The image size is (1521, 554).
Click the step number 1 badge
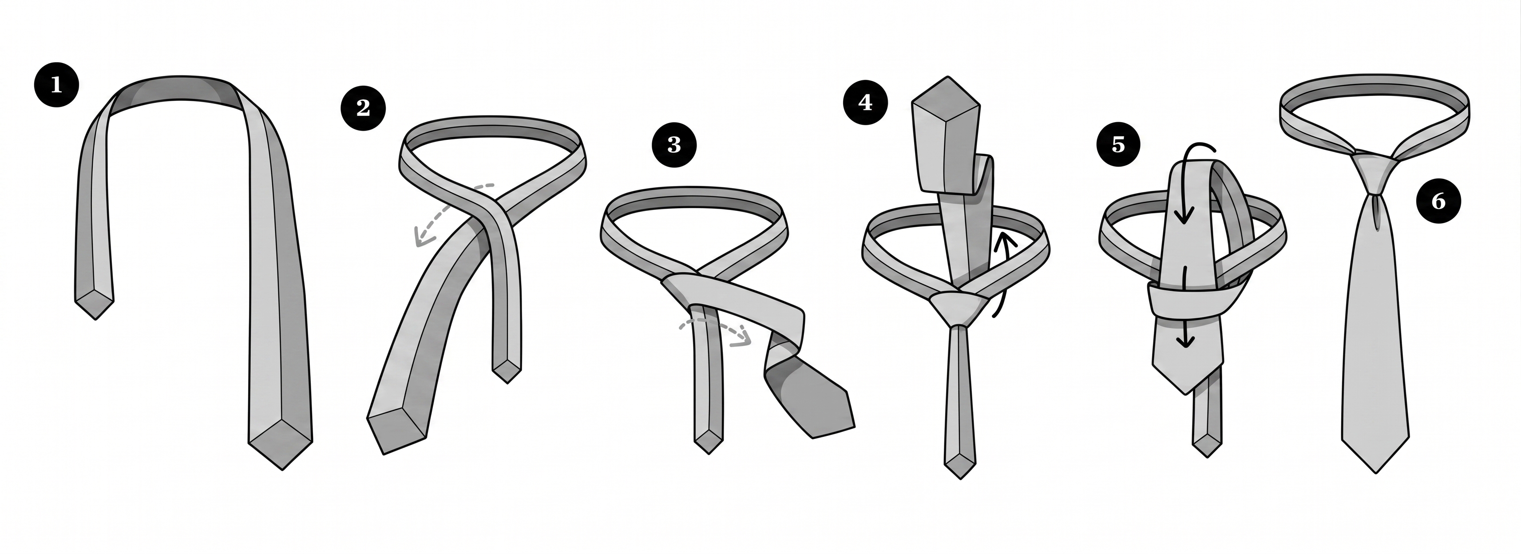pyautogui.click(x=56, y=85)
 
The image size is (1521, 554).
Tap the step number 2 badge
pyautogui.click(x=363, y=107)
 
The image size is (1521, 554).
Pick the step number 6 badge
pyautogui.click(x=1438, y=202)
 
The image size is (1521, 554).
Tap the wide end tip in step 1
pyautogui.click(x=282, y=470)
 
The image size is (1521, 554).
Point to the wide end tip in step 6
pyautogui.click(x=1376, y=472)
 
